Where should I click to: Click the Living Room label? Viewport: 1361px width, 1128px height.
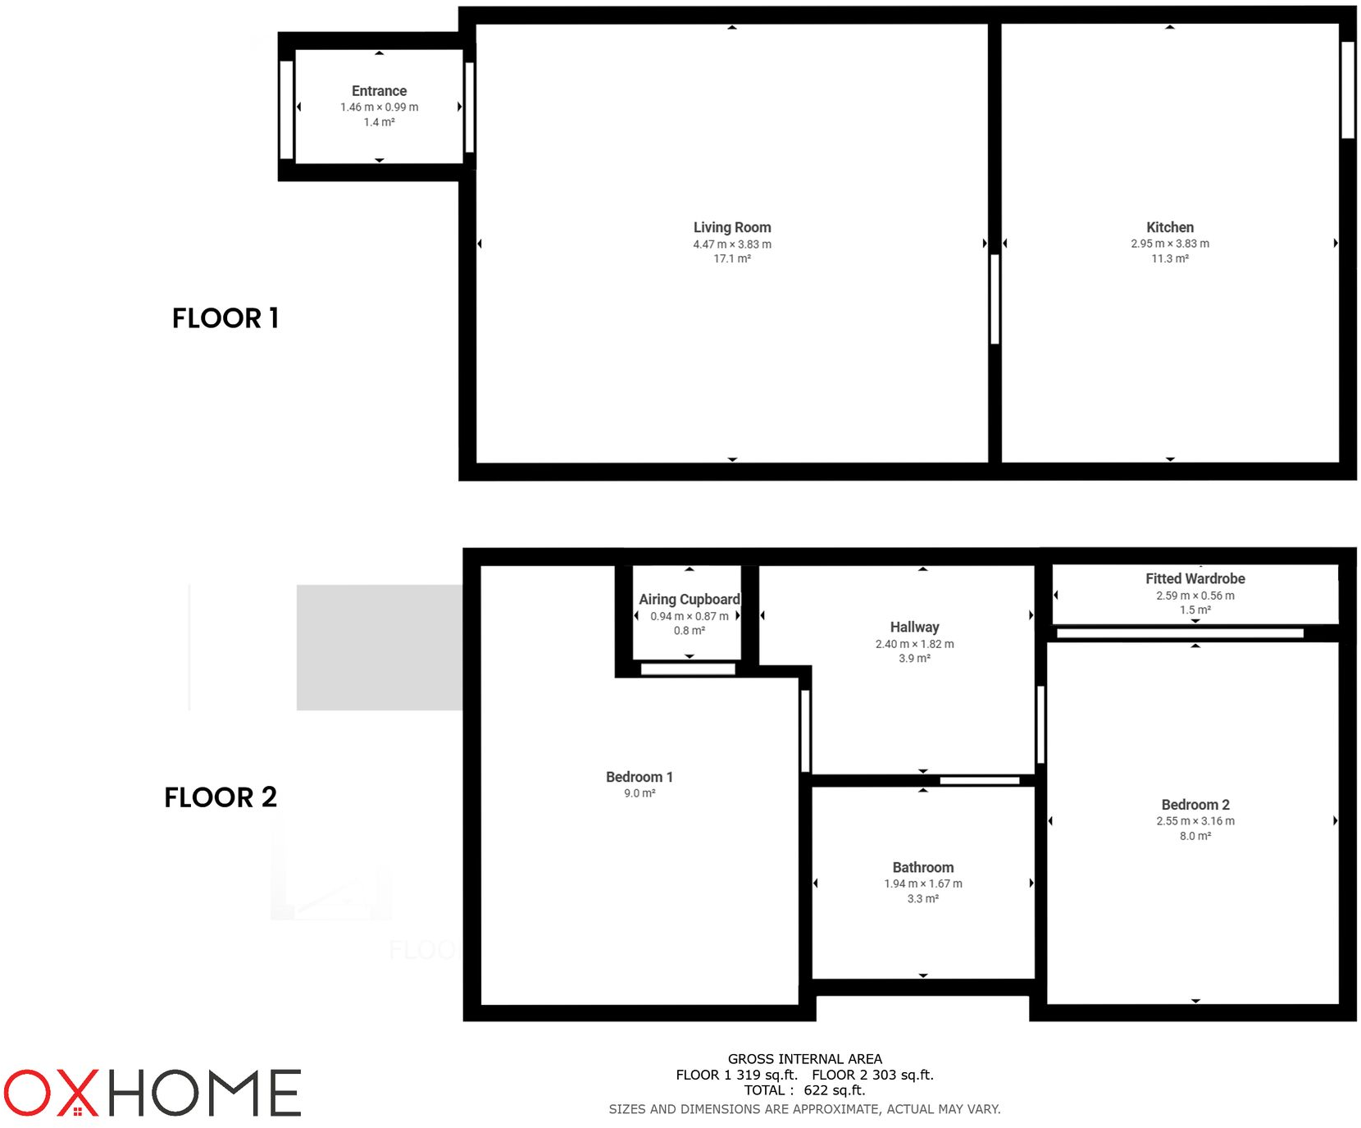point(731,227)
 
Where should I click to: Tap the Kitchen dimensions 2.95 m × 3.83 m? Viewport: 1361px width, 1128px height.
point(1169,244)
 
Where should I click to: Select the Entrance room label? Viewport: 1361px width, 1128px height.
point(379,91)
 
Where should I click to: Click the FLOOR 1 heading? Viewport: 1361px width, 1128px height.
point(225,318)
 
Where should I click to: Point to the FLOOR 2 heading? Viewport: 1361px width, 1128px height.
point(221,797)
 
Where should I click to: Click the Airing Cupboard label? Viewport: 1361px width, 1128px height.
point(689,600)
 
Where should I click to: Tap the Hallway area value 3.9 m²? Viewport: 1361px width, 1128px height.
point(914,659)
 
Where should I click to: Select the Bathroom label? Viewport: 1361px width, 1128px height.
point(922,867)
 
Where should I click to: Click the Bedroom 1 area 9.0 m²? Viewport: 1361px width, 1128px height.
point(640,793)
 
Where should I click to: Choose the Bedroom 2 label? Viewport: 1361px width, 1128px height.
point(1195,805)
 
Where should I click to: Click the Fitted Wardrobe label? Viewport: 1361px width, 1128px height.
point(1195,578)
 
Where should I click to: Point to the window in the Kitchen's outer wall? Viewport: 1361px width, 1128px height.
point(1347,89)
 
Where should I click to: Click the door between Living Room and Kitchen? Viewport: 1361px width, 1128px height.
point(995,299)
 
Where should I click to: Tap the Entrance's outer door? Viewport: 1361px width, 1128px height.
point(286,109)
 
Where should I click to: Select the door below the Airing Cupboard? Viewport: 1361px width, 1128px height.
point(687,669)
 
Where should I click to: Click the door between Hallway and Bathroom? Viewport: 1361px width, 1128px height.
point(979,780)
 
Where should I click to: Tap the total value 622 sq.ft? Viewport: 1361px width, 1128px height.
point(834,1090)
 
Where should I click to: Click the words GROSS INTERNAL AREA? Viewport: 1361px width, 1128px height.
point(804,1059)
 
